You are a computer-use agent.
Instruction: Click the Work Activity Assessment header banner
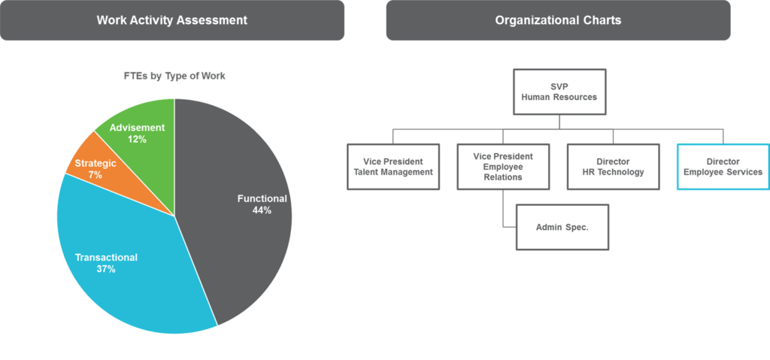(x=172, y=20)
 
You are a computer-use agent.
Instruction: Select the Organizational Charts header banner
(x=558, y=20)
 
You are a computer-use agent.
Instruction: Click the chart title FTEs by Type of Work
(x=174, y=76)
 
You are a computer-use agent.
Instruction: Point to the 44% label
(x=262, y=210)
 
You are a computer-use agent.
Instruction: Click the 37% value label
(x=106, y=269)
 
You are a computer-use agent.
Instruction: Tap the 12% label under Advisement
(x=137, y=140)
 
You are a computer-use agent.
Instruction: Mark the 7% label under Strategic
(x=95, y=174)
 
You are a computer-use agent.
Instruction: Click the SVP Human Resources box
(x=559, y=92)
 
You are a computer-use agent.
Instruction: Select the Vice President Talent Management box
(x=393, y=167)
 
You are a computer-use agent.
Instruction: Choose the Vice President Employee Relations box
(x=503, y=167)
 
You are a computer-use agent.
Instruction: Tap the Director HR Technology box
(x=613, y=167)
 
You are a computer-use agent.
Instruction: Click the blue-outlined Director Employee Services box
(x=723, y=167)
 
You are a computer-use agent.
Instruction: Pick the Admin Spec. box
(x=562, y=227)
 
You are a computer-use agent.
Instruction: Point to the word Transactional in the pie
(x=106, y=257)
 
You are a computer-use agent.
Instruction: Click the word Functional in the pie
(x=262, y=198)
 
